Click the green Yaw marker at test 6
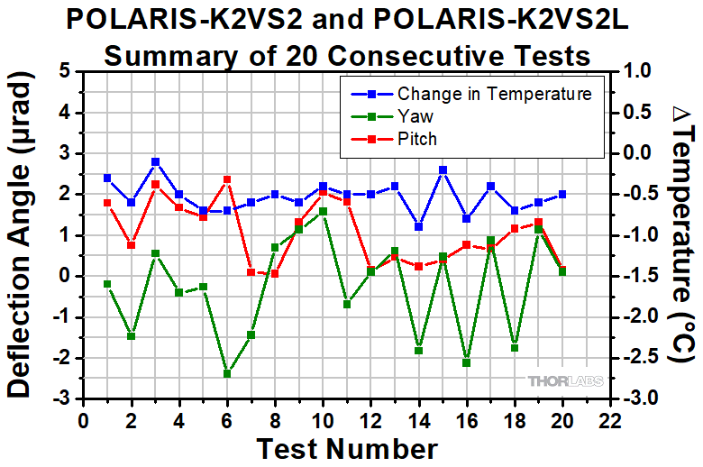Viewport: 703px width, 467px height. point(227,373)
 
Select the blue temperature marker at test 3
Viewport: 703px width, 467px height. point(155,161)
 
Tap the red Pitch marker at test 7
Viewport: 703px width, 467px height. point(251,271)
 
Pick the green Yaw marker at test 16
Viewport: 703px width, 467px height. point(466,362)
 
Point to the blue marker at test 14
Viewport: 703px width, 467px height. point(418,226)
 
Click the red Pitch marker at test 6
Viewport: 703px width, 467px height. point(227,179)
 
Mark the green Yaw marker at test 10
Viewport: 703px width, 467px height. point(323,211)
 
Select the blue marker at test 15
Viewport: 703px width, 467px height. point(443,169)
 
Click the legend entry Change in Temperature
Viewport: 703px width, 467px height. point(494,94)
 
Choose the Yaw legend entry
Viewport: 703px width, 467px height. point(415,116)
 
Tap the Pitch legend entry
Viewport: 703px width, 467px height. point(416,139)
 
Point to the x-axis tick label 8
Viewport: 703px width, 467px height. point(275,419)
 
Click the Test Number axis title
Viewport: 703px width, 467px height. point(347,448)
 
